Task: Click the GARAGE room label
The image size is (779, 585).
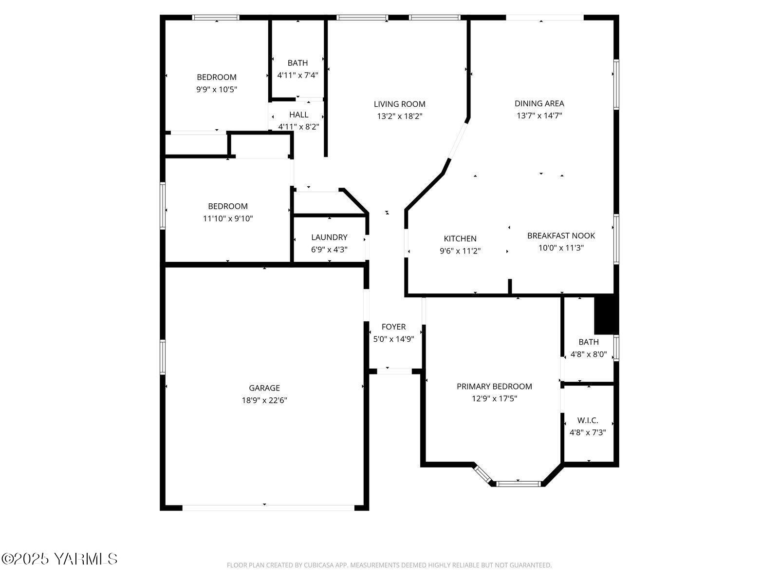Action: [x=264, y=388]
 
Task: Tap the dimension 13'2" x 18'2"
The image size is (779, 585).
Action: [x=399, y=117]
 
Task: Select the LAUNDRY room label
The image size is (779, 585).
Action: [x=329, y=237]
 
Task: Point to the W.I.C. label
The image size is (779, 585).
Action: [x=588, y=420]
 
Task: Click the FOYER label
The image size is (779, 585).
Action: [x=393, y=327]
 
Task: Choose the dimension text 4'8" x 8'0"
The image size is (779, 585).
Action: [x=589, y=354]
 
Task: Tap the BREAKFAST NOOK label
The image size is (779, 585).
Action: [x=561, y=235]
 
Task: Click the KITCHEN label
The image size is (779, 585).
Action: [x=460, y=238]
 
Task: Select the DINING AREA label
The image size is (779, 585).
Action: [x=539, y=103]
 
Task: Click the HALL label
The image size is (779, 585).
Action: [x=298, y=115]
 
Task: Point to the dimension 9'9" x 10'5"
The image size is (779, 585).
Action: [x=217, y=90]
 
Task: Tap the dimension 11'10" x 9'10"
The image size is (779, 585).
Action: [x=228, y=218]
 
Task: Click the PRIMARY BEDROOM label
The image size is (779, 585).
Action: [x=494, y=386]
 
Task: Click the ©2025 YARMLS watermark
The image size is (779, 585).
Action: [x=59, y=559]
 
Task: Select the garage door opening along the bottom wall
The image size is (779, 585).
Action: [x=268, y=507]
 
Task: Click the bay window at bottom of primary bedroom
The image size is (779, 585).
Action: [x=519, y=484]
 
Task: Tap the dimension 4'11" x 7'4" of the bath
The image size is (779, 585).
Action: [x=297, y=75]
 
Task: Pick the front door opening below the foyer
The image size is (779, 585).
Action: [x=394, y=371]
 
